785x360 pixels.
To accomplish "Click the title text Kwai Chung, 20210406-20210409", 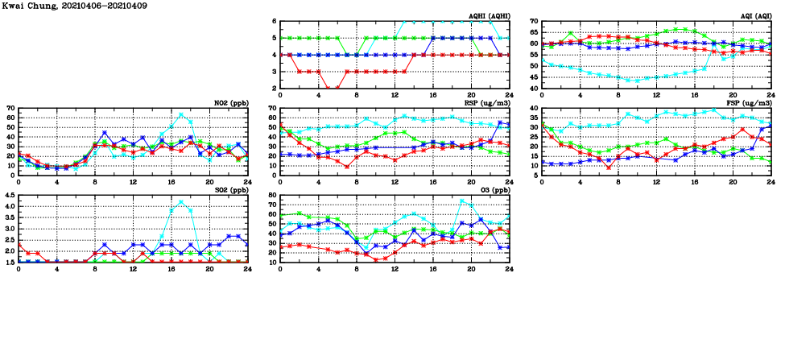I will [x=62, y=6].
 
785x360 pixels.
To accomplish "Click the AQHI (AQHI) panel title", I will [x=490, y=16].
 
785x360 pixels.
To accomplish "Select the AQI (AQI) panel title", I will [x=755, y=16].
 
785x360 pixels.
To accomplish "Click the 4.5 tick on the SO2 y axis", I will [x=9, y=195].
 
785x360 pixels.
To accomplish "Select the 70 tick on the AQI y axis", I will [x=533, y=22].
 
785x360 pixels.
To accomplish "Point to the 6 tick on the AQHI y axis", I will [x=274, y=22].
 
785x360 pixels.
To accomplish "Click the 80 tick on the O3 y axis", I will [x=271, y=195].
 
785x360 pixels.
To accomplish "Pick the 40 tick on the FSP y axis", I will [x=533, y=108].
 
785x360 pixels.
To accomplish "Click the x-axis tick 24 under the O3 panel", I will [x=509, y=269].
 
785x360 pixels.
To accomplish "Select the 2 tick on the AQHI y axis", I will [x=274, y=89].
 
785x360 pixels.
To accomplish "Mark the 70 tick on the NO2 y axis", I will [x=10, y=108].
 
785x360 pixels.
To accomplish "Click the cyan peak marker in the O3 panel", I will [x=461, y=201].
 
